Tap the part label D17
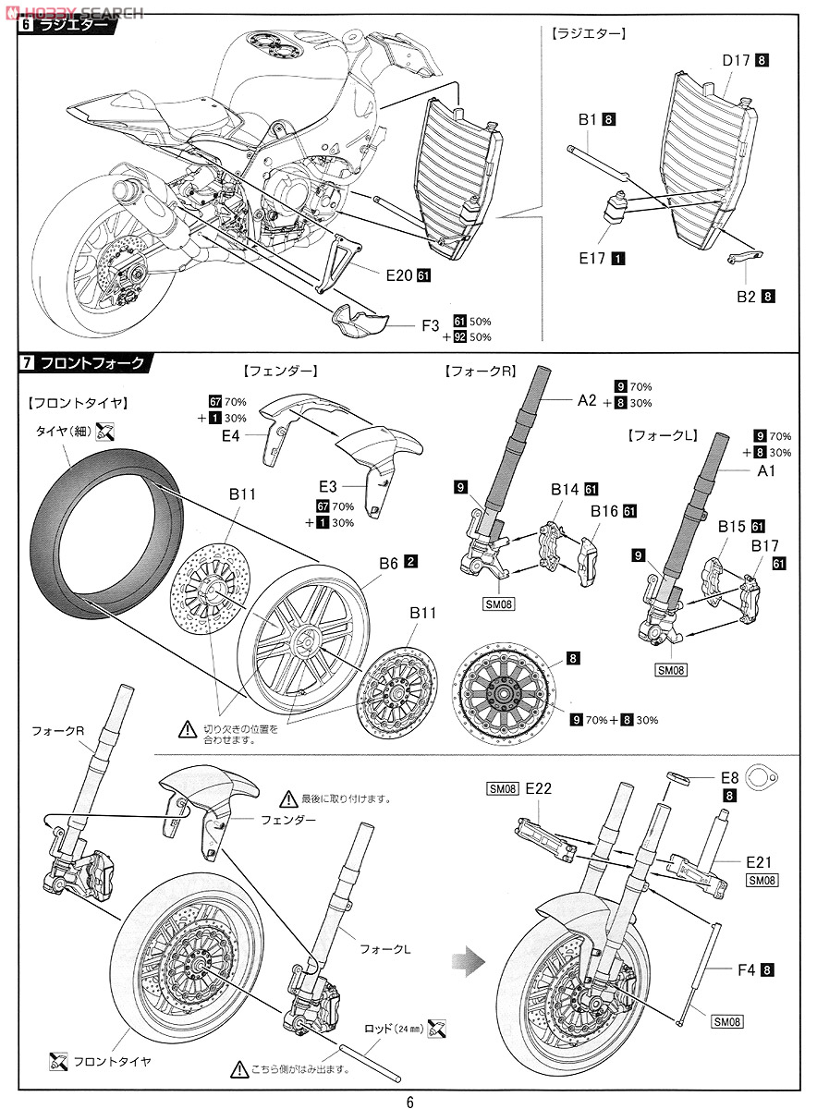click(x=735, y=61)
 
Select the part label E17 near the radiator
click(x=591, y=259)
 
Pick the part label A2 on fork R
click(x=588, y=400)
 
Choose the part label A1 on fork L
click(x=766, y=471)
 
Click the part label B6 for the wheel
click(x=387, y=561)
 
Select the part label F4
click(x=748, y=969)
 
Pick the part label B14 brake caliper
click(x=564, y=489)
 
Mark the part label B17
click(x=763, y=546)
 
